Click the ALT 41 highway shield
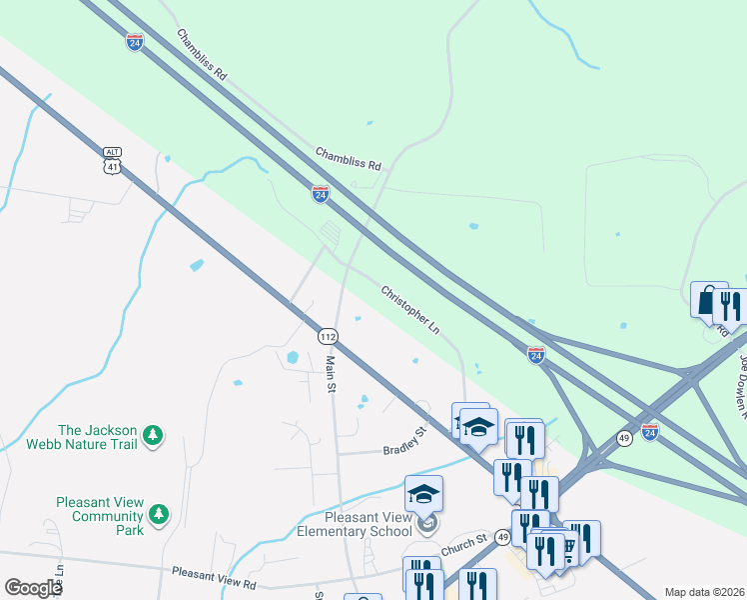point(112,160)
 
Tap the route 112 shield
point(328,336)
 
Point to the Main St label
point(331,375)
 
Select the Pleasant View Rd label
point(214,574)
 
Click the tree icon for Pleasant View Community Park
point(158,514)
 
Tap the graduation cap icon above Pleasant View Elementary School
point(423,494)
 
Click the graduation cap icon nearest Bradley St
point(478,426)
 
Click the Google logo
point(33,588)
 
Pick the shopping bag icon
point(708,300)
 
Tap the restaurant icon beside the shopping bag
point(731,306)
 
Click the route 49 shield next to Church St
point(503,538)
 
